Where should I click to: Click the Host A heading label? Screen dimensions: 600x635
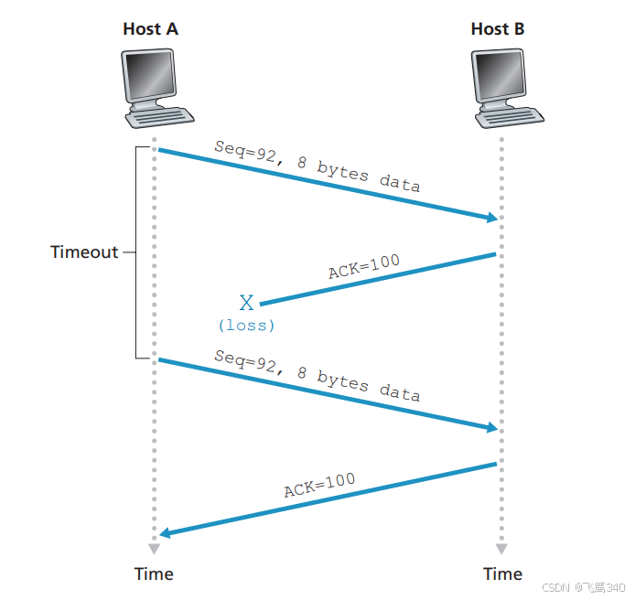coord(151,29)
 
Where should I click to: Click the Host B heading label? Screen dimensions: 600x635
coord(498,29)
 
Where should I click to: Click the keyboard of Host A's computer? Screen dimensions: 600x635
coord(162,117)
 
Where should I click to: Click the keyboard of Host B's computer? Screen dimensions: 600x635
coord(511,117)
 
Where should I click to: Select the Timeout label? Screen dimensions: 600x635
coord(84,252)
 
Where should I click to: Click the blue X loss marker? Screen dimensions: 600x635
coord(246,304)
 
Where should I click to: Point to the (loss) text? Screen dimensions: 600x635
coord(246,325)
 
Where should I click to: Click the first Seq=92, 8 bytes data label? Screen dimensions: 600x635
coord(317,166)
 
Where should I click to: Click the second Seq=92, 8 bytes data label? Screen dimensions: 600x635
coord(317,375)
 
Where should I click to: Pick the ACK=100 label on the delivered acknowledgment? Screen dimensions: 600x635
coord(319,485)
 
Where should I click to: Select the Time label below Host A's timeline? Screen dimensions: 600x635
coord(154,574)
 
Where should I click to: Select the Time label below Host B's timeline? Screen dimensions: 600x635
coord(502,574)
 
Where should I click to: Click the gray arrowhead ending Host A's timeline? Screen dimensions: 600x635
coord(154,549)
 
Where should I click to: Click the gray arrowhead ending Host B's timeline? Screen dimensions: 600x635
coord(501,549)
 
